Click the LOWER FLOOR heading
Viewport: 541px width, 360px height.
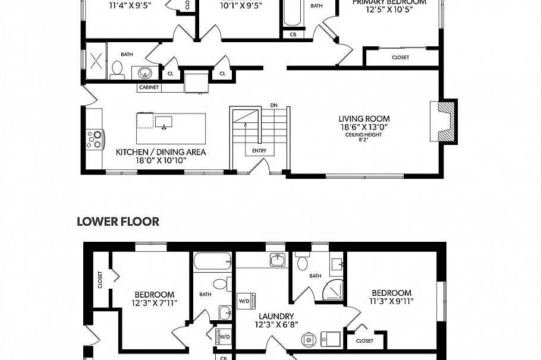coord(118,222)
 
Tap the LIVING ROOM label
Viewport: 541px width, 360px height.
coord(364,119)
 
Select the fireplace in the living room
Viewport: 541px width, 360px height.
coord(445,121)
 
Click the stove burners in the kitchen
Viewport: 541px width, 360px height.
coord(94,139)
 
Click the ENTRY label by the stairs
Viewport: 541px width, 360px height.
coord(259,151)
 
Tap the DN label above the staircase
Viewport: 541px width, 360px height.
coord(273,105)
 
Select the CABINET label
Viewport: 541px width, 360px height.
coord(149,88)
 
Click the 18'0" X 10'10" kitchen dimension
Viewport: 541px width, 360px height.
coord(161,160)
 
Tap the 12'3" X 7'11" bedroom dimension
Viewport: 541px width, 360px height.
coord(154,303)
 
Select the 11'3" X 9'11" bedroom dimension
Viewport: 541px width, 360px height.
coord(391,301)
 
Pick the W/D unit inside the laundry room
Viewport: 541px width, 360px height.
coord(244,301)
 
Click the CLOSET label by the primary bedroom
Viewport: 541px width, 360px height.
coord(400,58)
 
